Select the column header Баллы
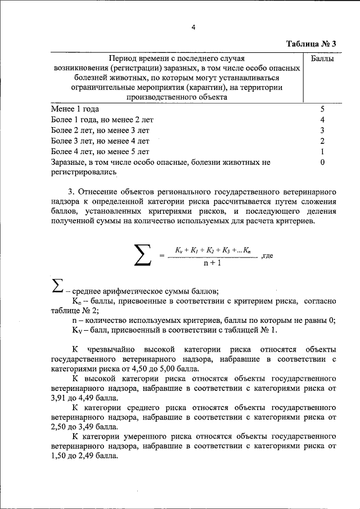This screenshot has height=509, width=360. (323, 58)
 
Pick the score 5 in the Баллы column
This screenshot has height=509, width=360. (323, 109)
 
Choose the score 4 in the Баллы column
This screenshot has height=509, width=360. (323, 120)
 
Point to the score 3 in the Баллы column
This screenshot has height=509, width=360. (323, 130)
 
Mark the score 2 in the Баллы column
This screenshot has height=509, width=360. (323, 141)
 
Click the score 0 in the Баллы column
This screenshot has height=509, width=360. (323, 163)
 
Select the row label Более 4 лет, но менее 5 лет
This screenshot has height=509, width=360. (100, 152)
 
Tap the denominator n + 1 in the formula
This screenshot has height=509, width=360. (212, 262)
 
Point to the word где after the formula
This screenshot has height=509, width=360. (267, 255)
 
